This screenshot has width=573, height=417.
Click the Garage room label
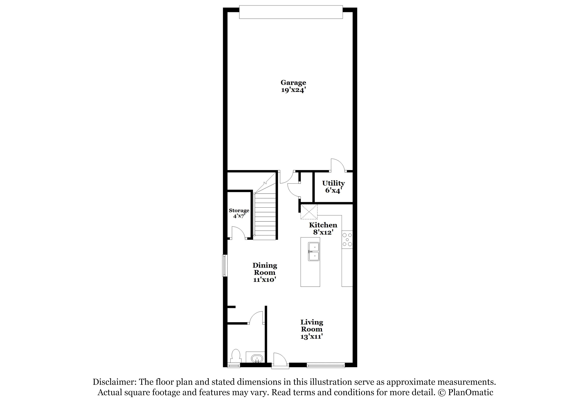pos(293,83)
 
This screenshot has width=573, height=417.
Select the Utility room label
pos(334,183)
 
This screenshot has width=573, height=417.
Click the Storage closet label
pos(239,210)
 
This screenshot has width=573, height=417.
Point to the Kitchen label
pos(323,225)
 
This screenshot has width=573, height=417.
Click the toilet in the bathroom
pos(235,357)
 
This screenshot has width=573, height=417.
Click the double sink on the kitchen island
pos(314,252)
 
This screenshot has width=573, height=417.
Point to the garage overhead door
pos(291,12)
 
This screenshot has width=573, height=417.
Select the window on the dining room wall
pos(225,265)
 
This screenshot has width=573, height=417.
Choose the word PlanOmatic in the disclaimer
pos(471,392)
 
